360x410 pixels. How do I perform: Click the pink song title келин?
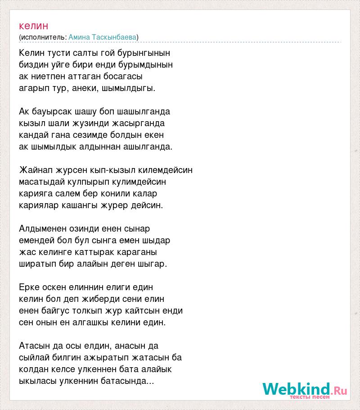(x=34, y=26)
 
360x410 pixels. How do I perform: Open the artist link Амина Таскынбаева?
(x=103, y=37)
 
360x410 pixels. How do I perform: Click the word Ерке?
(x=29, y=287)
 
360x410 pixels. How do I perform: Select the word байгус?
(x=56, y=310)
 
